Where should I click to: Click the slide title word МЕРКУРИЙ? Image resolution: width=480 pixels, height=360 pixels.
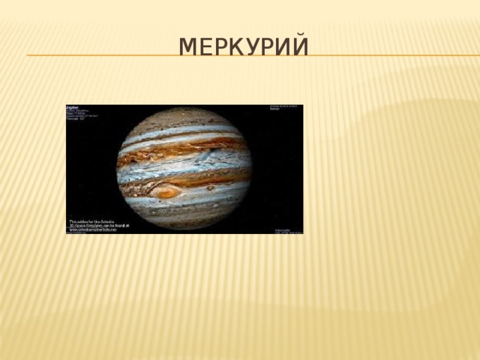click(244, 46)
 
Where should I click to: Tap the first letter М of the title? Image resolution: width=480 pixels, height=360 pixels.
click(187, 46)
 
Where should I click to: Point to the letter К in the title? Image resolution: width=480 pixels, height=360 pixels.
click(234, 46)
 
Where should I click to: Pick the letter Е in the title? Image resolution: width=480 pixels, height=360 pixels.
click(204, 46)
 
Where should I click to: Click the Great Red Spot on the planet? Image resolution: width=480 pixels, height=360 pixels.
click(166, 192)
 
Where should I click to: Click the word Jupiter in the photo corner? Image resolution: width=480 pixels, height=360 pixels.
click(75, 107)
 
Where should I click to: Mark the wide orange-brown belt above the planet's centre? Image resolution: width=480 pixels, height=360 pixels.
click(184, 148)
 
